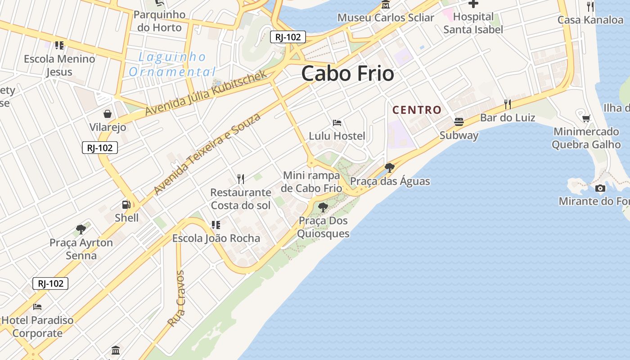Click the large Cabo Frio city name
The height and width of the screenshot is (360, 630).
coord(347,73)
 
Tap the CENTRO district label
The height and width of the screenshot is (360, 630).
coord(417,110)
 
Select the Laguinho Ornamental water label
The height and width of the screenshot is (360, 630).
coord(172,64)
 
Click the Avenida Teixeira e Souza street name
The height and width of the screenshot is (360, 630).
coord(207,154)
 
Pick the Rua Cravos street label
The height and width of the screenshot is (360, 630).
coord(176,298)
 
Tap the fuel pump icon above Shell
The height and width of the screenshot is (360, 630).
coord(126,205)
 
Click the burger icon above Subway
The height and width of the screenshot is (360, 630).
coord(459,122)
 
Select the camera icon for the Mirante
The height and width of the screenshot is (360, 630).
coord(600,188)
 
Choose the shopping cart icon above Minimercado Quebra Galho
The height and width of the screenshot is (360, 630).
coord(586,118)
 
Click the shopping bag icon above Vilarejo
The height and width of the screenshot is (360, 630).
coord(108,114)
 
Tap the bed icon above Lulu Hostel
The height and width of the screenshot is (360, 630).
coord(337,122)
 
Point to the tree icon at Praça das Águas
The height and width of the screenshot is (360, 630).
coord(390,168)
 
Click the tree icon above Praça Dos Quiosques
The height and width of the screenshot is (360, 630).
coord(323,207)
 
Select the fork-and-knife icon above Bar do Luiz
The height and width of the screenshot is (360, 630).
coord(508,104)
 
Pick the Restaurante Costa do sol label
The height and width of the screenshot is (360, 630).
coord(241,199)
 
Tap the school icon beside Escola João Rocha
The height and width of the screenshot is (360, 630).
coord(216,225)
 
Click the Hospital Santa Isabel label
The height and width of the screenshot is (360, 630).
coord(473,23)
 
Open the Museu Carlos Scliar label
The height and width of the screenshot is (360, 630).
coord(386,18)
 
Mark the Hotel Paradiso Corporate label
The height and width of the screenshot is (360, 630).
coord(37,327)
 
